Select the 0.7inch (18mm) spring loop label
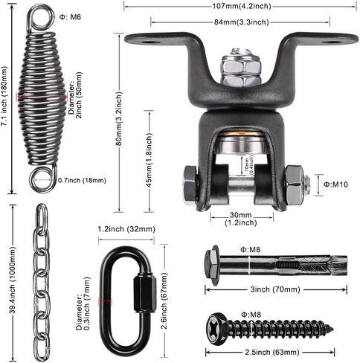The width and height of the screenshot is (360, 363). coord(82,180)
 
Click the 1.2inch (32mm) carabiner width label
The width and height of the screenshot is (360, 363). coord(124,229)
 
